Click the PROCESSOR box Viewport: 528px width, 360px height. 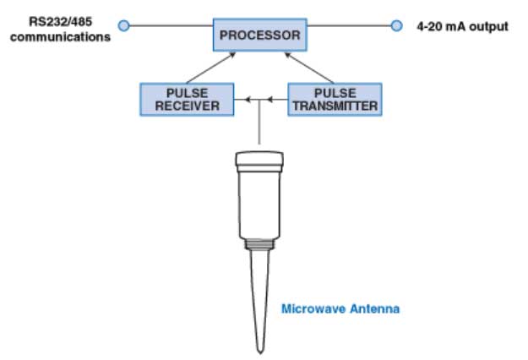(x=260, y=35)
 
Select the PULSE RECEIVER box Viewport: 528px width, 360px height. (x=187, y=100)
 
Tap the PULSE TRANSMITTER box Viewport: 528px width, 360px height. (x=335, y=100)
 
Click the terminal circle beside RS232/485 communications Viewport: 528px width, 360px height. (x=124, y=25)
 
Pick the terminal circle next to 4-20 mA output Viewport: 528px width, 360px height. (x=397, y=25)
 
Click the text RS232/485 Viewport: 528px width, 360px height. (x=61, y=22)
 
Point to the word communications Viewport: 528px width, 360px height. (x=60, y=36)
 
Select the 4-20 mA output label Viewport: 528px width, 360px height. (x=462, y=26)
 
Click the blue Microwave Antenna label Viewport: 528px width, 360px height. (x=340, y=308)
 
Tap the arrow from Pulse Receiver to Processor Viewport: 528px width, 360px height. (x=211, y=68)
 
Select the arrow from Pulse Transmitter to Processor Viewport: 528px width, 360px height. (x=309, y=68)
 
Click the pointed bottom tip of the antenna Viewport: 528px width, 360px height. (x=260, y=353)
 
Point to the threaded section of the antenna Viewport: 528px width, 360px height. (x=259, y=244)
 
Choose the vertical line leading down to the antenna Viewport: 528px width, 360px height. (x=259, y=122)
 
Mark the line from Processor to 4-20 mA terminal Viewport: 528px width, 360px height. (x=349, y=25)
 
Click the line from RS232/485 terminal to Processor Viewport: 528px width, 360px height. (x=171, y=25)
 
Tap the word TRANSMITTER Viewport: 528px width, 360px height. (x=335, y=106)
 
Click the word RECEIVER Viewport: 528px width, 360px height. (x=188, y=106)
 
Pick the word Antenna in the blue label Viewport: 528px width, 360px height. (x=375, y=308)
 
